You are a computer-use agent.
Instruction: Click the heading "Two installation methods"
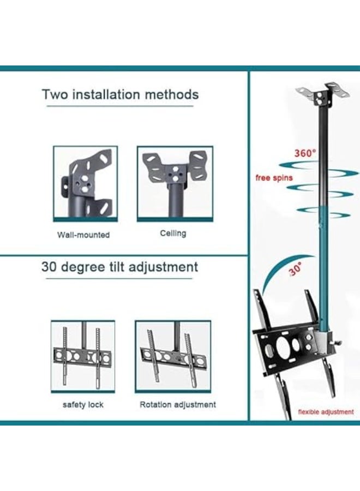120,94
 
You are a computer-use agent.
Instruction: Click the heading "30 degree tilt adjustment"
119,267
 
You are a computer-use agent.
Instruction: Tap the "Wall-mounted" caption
83,235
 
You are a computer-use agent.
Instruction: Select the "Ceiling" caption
173,233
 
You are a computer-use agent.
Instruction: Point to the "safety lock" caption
83,405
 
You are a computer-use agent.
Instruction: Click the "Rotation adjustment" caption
178,405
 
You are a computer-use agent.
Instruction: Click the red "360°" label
305,153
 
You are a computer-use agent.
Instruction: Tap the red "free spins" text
274,178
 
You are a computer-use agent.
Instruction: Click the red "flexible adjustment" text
326,412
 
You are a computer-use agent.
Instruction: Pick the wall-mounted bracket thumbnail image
85,183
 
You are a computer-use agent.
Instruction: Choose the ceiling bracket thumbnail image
175,183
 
